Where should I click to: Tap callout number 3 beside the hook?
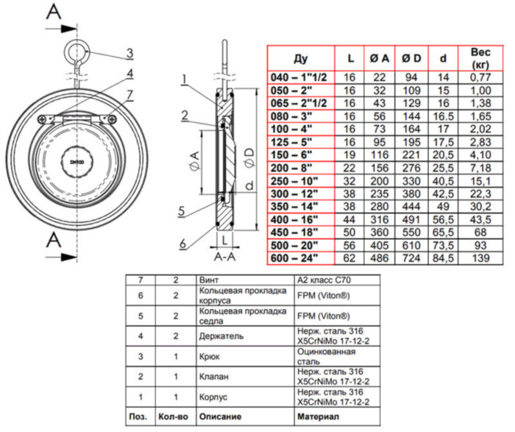(x=129, y=53)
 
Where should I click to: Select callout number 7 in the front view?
(x=129, y=94)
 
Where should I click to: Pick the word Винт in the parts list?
(x=210, y=280)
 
